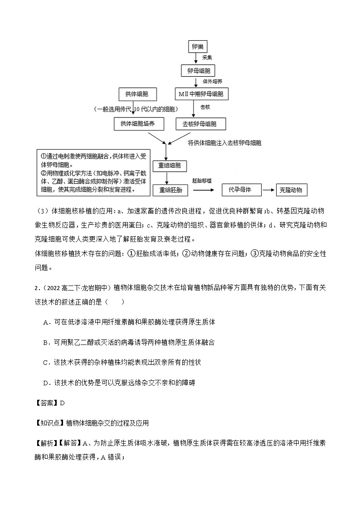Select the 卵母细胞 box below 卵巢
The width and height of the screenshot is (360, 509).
click(198, 71)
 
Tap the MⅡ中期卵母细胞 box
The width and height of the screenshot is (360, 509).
click(201, 94)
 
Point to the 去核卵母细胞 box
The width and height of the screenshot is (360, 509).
click(200, 124)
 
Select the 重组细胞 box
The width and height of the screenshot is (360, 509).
click(170, 166)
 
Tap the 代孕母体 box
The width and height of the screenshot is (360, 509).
click(243, 190)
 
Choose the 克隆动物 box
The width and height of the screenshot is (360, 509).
click(291, 190)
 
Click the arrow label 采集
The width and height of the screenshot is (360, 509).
click(207, 58)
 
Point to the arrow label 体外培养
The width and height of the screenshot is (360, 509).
click(213, 82)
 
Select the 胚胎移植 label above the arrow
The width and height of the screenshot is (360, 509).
click(201, 180)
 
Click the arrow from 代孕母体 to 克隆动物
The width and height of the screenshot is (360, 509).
click(269, 190)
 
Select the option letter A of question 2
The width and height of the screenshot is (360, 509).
click(46, 322)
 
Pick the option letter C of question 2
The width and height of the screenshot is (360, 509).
click(46, 363)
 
